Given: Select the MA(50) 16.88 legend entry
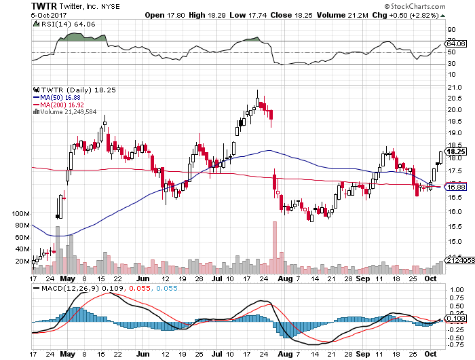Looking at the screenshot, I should pos(62,97).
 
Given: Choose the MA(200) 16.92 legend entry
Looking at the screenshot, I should pos(63,105).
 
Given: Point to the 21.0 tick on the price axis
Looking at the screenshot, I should pos(453,88).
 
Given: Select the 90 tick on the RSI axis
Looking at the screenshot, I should pos(450,29).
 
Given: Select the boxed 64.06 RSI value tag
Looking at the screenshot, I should pos(455,45).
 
